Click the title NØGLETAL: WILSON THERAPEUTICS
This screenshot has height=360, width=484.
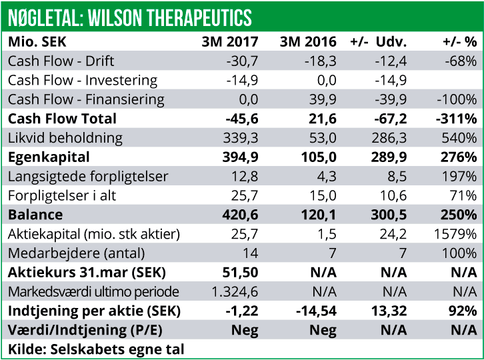(x=130, y=16)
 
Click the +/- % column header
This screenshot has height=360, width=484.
(x=459, y=42)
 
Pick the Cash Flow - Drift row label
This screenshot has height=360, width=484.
(x=61, y=61)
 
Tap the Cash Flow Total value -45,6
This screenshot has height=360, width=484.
(x=241, y=119)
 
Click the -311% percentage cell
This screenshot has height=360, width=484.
(x=458, y=119)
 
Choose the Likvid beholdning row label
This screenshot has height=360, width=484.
(x=65, y=139)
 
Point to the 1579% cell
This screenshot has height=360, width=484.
(x=457, y=235)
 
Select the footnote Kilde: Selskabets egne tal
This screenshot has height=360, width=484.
(x=96, y=349)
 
